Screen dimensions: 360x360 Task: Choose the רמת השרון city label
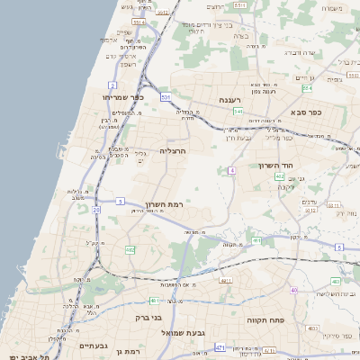coord(163,204)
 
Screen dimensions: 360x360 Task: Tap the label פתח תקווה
coord(265,319)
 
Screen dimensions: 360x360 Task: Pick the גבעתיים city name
coord(94,346)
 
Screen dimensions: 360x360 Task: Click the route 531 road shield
coord(166,95)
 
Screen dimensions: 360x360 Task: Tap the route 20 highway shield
coord(96,210)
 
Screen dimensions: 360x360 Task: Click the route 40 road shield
coord(293,289)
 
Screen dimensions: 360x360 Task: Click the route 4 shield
coord(232,170)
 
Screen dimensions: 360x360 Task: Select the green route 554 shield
coord(306,89)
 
